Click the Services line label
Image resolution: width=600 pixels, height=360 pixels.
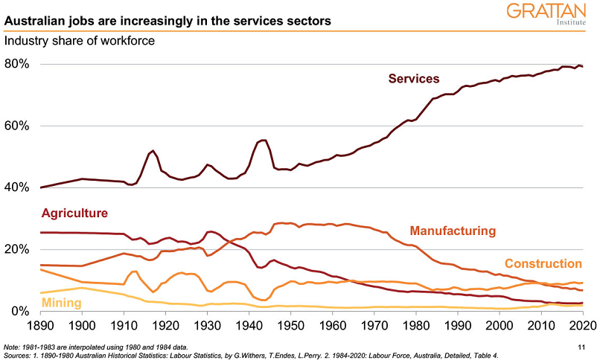coord(414,78)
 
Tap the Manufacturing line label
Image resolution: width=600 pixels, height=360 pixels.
coord(453,231)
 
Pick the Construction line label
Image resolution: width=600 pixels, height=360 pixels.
coord(543,263)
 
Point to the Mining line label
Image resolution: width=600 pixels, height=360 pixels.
coord(62,302)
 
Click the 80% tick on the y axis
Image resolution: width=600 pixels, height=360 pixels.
coord(16,64)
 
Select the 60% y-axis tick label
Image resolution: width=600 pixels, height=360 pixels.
coord(16,126)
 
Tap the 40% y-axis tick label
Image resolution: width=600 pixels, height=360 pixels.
coord(16,187)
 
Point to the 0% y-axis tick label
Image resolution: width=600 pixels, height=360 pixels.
coord(19,311)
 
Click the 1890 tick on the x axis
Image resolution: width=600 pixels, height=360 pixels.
coord(41,326)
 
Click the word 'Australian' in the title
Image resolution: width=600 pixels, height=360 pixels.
coord(34,21)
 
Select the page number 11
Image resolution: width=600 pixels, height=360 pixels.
coord(582,347)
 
